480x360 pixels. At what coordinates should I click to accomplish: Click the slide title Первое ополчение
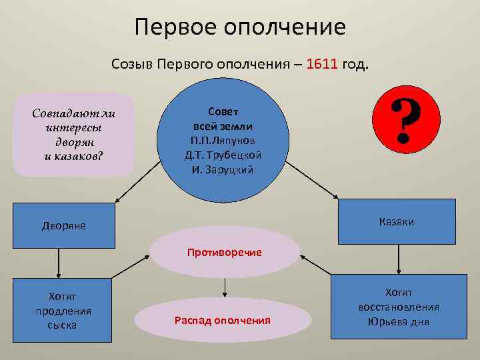[x=240, y=27]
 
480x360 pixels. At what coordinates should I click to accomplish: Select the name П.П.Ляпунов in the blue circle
[x=223, y=141]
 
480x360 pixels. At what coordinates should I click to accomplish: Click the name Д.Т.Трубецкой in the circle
[x=223, y=155]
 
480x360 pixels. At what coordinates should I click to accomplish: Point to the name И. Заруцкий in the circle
[x=223, y=169]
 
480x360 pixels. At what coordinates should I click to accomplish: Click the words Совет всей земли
[x=223, y=119]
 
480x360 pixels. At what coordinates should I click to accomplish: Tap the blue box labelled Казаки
[x=397, y=221]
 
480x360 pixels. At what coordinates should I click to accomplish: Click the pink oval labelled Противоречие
[x=224, y=252]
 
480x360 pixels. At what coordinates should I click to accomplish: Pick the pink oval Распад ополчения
[x=222, y=321]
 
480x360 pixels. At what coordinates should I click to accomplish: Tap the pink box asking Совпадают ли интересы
[x=73, y=133]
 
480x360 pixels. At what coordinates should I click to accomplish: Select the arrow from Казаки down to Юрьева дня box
[x=398, y=260]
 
